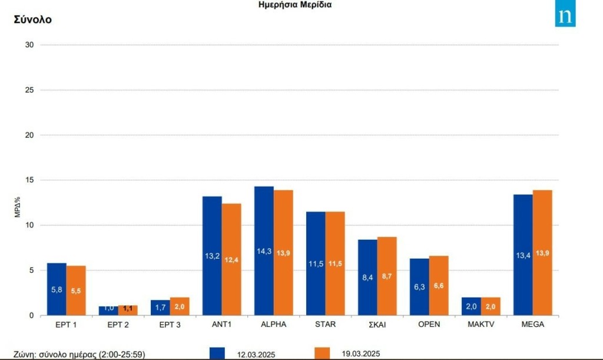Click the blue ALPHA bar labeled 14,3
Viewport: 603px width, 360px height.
(264, 250)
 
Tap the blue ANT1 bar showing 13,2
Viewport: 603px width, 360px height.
(212, 255)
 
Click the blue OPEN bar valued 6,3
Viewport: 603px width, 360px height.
(419, 286)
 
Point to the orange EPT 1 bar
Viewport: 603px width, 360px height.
(76, 290)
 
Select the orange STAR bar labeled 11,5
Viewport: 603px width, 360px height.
(335, 263)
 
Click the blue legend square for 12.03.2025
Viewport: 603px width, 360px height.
(217, 353)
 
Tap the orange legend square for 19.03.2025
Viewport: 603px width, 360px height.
(322, 353)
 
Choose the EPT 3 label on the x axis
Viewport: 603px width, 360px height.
(170, 325)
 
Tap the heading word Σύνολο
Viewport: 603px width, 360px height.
(32, 19)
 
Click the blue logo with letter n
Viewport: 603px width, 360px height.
(565, 16)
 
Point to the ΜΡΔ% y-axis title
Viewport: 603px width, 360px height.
(18, 207)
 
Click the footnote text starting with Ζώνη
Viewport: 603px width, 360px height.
(79, 354)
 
